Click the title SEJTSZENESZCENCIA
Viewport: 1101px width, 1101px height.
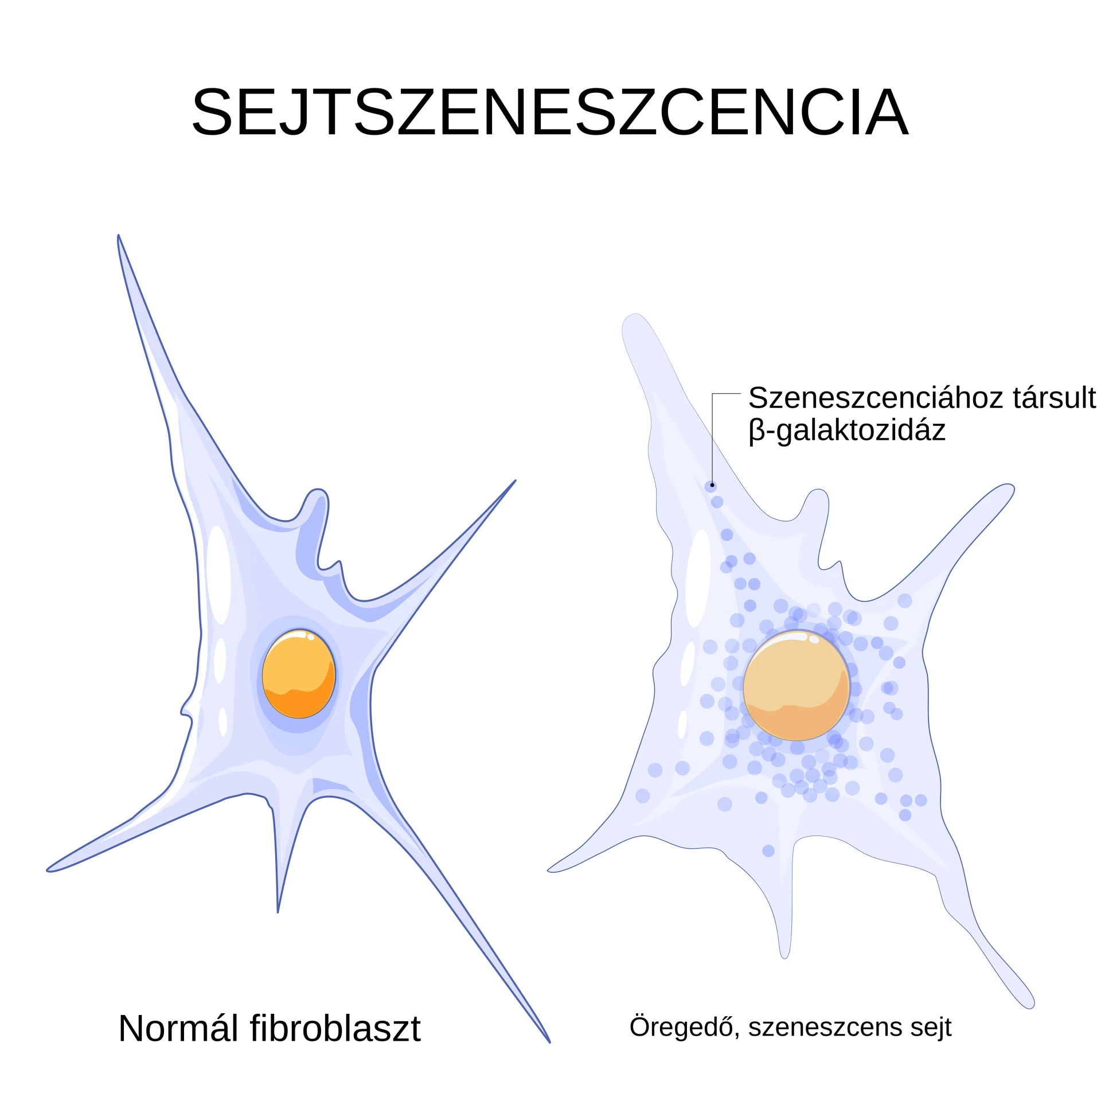(550, 112)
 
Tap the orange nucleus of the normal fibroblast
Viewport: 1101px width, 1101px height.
(299, 674)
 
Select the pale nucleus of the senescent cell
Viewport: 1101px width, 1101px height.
(797, 686)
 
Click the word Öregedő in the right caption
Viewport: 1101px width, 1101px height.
(681, 1026)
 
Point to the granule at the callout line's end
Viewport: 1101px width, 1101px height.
(711, 486)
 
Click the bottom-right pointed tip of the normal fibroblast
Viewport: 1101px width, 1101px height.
(549, 1042)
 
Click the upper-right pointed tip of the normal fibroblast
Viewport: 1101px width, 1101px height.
(515, 481)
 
